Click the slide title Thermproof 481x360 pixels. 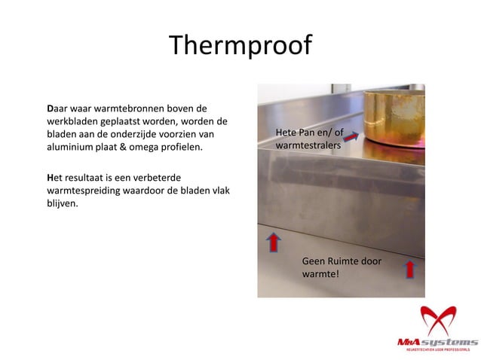point(240,45)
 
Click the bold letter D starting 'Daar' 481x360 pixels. point(50,108)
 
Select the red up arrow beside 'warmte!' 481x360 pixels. point(409,268)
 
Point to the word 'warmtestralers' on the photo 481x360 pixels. point(308,147)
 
